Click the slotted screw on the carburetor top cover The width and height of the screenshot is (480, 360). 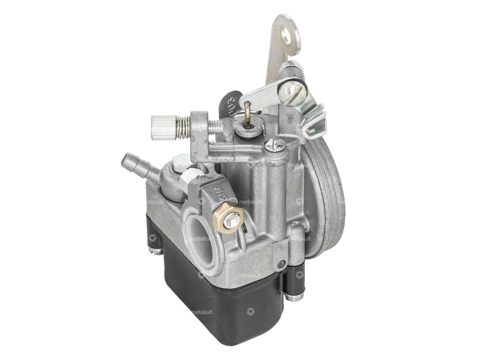pyautogui.click(x=272, y=143)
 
